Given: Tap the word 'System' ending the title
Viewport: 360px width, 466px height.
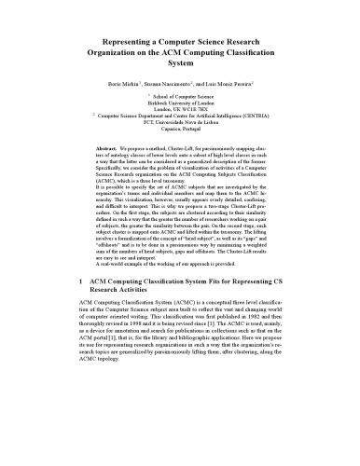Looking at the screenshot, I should (x=179, y=67).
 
